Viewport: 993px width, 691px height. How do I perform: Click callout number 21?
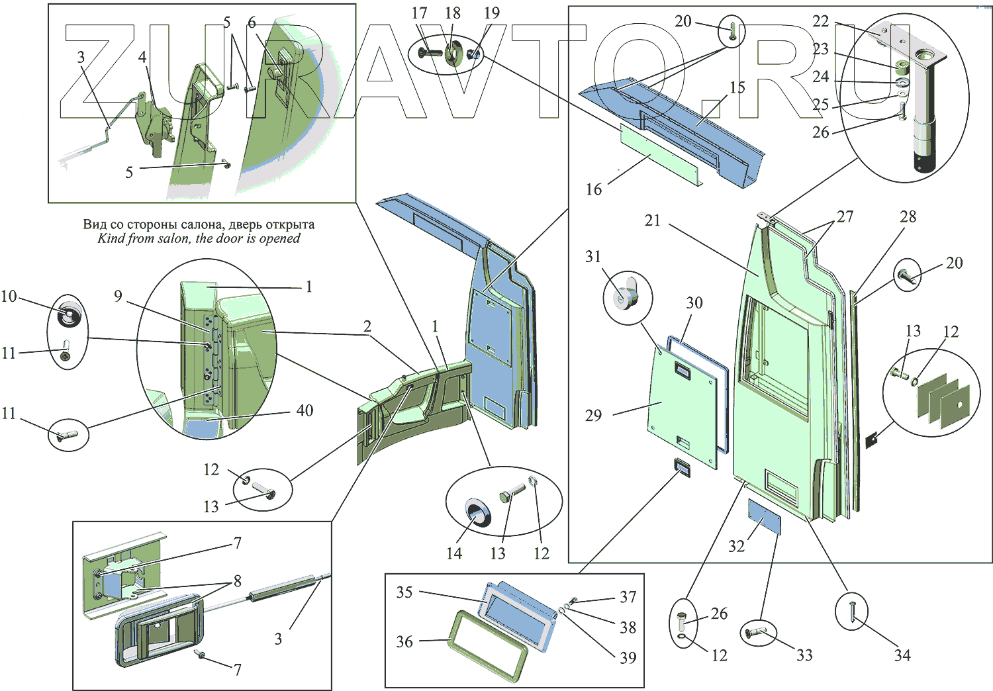(x=653, y=220)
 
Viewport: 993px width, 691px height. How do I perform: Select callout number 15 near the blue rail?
(x=737, y=87)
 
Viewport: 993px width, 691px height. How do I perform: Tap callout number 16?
(x=594, y=189)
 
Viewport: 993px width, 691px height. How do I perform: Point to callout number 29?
(x=593, y=415)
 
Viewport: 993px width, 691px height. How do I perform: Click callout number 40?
(x=305, y=410)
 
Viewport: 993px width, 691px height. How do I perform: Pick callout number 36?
(x=404, y=641)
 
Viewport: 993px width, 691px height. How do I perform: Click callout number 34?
(x=902, y=655)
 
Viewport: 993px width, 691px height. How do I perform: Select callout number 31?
(x=593, y=256)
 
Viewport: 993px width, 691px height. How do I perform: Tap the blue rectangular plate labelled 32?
(x=764, y=516)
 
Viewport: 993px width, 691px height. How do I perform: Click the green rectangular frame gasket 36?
(x=489, y=645)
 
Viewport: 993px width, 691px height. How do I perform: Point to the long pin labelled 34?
(x=852, y=611)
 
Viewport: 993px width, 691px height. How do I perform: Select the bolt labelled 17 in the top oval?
(x=431, y=50)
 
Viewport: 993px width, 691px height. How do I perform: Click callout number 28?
(x=908, y=216)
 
